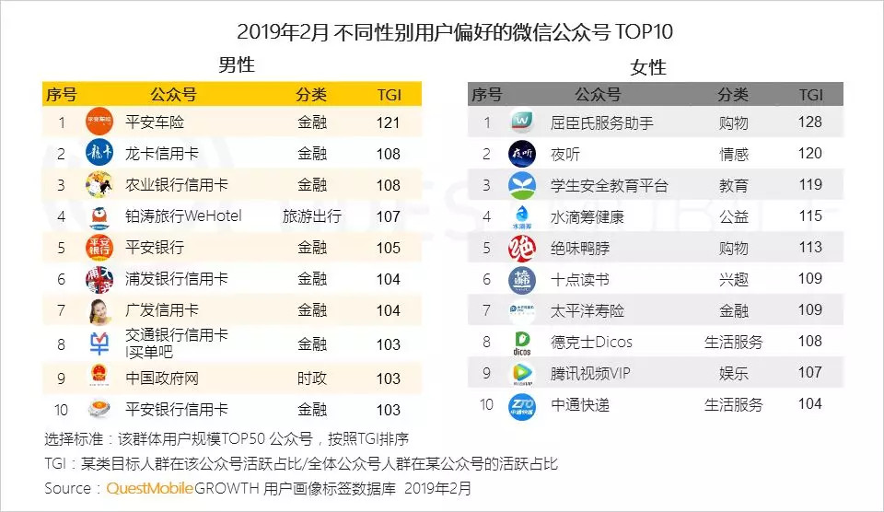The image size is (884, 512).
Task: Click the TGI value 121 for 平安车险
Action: pos(389,122)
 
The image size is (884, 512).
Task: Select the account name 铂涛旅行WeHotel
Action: pos(183,216)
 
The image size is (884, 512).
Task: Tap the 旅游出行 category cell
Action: pos(312,216)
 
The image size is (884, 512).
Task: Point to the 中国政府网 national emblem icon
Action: pos(99,378)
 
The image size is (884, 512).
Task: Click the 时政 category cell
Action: pos(312,378)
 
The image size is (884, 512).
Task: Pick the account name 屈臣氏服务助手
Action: pos(601,122)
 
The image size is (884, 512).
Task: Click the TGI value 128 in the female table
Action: pos(810,122)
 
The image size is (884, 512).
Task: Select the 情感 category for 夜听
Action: pos(734,154)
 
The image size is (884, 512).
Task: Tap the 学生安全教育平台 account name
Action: pos(609,185)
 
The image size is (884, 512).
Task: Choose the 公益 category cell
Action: pos(734,216)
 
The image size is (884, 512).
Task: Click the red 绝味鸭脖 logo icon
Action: pos(522,248)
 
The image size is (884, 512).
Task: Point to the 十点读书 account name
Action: pos(579,279)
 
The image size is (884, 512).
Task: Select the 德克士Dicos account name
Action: pos(591,342)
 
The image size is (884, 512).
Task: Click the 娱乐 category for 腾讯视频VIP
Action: pos(734,373)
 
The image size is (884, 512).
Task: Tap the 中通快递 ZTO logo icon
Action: pos(522,404)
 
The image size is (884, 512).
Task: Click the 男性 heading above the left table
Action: pos(237,65)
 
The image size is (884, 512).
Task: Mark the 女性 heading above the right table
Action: pos(648,67)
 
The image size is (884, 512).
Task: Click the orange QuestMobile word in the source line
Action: pos(150,488)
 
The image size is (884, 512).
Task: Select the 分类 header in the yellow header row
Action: pos(311,94)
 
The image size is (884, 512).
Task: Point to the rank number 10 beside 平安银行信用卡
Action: pos(62,410)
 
